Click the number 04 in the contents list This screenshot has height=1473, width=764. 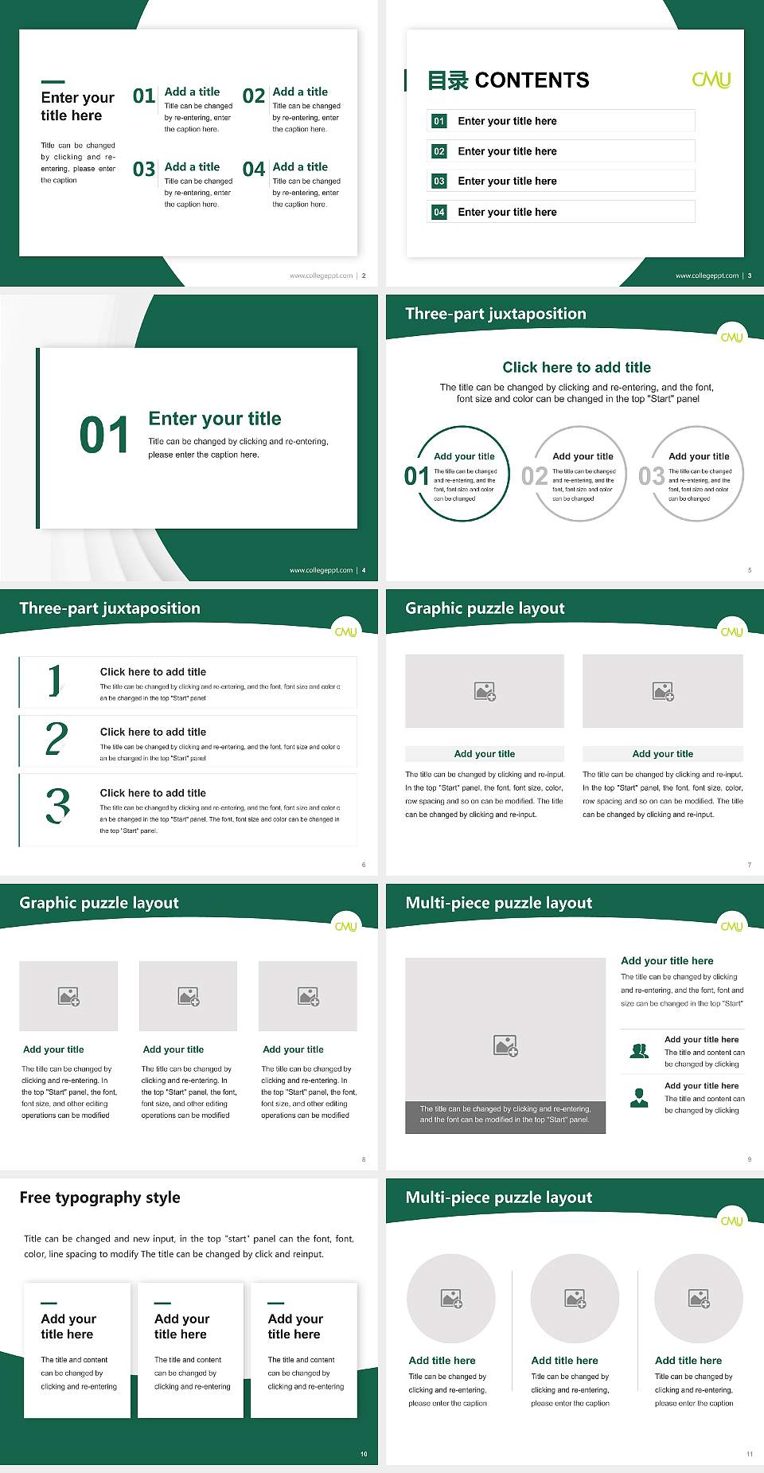point(439,212)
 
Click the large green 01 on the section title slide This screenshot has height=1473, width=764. point(104,436)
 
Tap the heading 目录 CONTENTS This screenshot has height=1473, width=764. point(508,80)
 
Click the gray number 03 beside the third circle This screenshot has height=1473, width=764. point(651,476)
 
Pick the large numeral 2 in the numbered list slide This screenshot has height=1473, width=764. point(57,739)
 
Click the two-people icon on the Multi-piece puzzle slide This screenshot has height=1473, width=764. point(639,1051)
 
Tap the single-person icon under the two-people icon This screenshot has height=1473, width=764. point(639,1098)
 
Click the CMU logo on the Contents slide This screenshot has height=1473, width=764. point(711,80)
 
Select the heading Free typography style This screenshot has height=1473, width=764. point(100,1198)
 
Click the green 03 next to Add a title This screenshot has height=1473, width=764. point(144,170)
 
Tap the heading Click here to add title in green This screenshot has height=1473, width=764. point(576,367)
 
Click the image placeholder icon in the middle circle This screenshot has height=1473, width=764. point(575,1299)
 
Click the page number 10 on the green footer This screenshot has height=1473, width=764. point(364,1454)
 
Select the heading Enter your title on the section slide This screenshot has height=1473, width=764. point(215,419)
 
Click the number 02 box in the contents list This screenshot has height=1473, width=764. point(439,151)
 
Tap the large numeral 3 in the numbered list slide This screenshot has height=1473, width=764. point(57,806)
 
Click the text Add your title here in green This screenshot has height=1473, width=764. point(667,961)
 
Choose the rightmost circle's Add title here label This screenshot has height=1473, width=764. point(688,1361)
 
